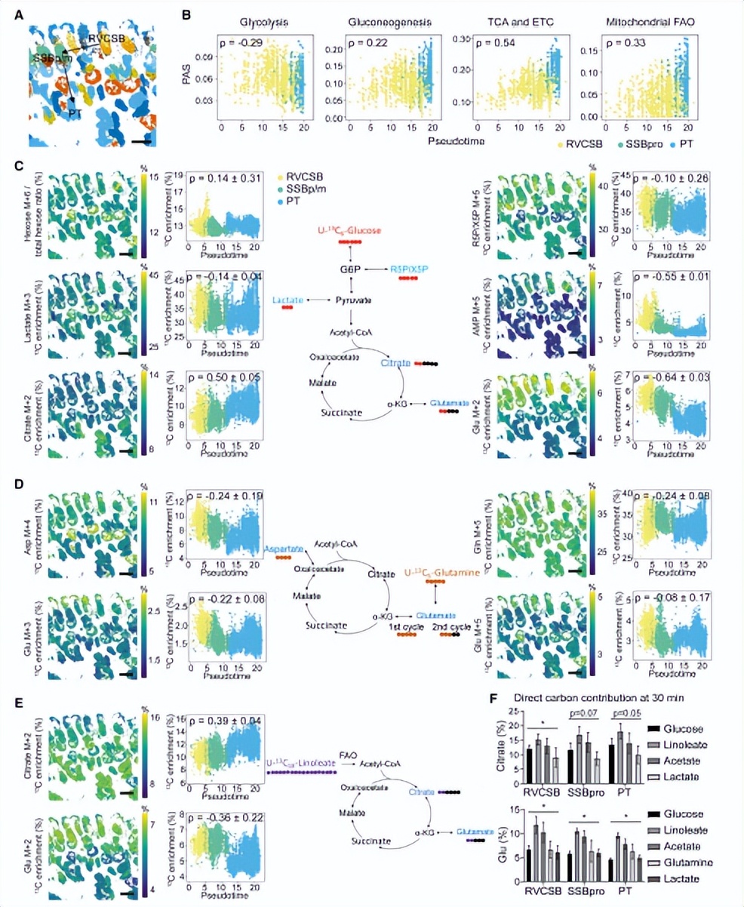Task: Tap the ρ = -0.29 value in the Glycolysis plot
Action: [x=240, y=43]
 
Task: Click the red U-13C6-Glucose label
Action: [x=349, y=229]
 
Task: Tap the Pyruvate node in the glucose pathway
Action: [x=349, y=300]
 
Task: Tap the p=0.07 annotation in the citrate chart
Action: [x=582, y=713]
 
